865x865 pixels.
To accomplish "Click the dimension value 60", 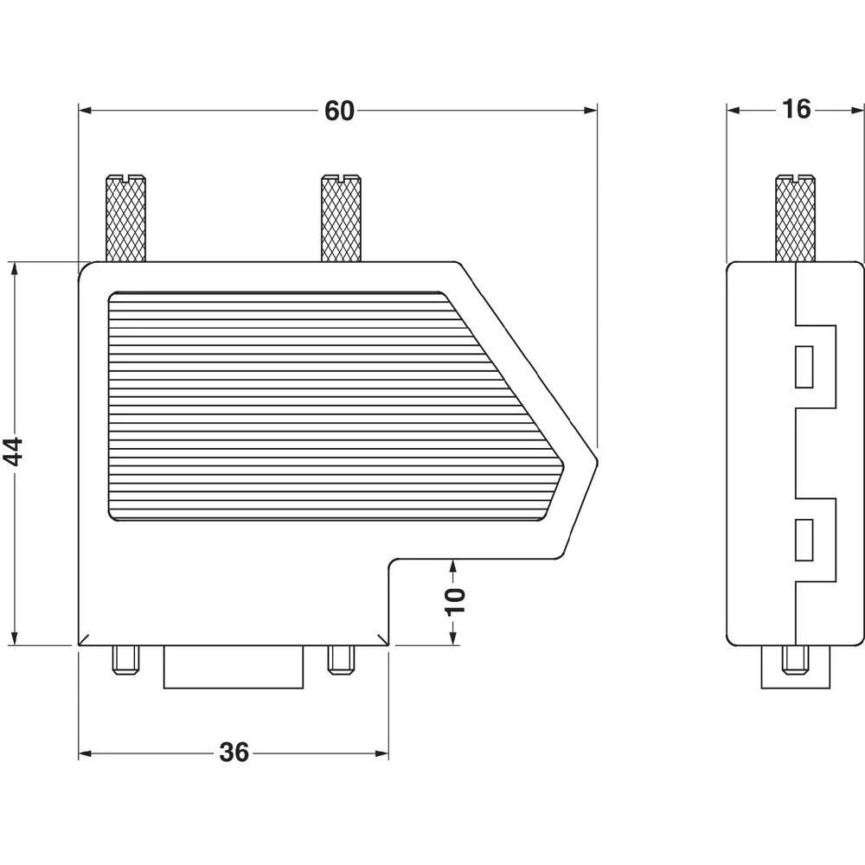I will (x=339, y=111).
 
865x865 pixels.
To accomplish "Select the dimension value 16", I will (x=795, y=110).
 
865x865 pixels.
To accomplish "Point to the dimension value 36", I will (x=234, y=753).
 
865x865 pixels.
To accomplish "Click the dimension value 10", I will (x=455, y=599).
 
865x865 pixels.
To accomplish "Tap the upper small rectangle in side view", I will (x=804, y=366).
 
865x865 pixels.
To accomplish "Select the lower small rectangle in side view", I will (x=804, y=540).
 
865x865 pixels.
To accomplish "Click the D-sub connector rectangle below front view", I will (x=234, y=668).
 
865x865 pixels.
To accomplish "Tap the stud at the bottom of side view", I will (x=795, y=662).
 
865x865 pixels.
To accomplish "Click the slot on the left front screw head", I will (x=125, y=179).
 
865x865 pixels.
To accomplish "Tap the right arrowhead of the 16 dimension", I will (x=857, y=110).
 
